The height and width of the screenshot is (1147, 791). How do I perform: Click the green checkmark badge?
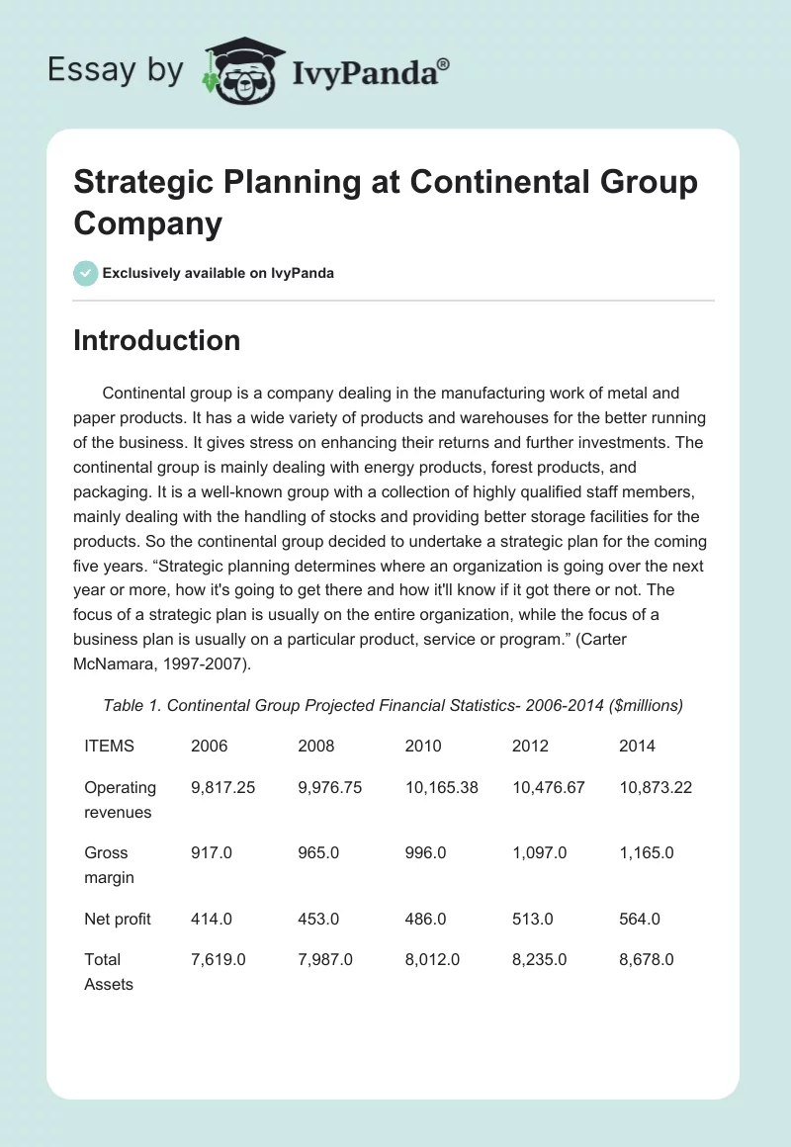tap(86, 273)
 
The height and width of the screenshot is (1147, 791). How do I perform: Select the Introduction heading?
tap(156, 340)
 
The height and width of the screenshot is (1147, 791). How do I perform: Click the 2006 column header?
tap(208, 746)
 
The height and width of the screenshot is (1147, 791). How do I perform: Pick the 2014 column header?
tap(637, 746)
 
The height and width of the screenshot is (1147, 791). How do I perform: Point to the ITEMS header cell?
tap(109, 746)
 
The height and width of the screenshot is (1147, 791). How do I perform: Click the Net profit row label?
tap(118, 919)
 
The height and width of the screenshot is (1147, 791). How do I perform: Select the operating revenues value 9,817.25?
tap(223, 787)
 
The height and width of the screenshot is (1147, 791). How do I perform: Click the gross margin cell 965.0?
tap(318, 852)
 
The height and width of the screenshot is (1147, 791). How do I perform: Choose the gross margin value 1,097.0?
tap(539, 852)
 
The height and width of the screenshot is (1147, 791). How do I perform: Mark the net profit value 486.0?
tap(425, 919)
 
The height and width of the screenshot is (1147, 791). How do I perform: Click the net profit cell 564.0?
tap(640, 919)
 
